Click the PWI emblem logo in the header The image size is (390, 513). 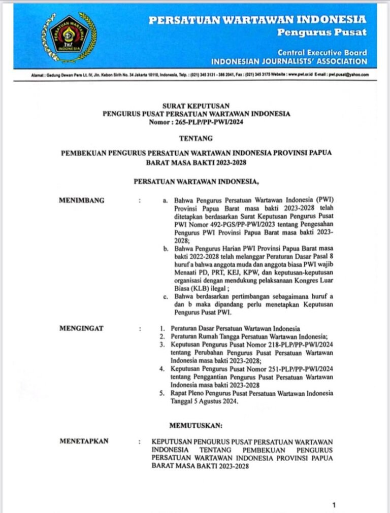[x=69, y=37]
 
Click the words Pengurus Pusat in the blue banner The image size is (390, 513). [x=321, y=32]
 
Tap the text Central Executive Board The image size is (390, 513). [x=322, y=52]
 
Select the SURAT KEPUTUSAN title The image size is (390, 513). [x=196, y=106]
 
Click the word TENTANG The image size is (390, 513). [x=196, y=138]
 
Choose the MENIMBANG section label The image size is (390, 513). [x=82, y=200]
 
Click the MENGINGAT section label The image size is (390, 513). [x=81, y=328]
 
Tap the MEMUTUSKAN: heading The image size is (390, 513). [x=196, y=424]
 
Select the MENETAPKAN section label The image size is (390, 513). [x=84, y=441]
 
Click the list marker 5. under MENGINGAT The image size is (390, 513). [x=162, y=393]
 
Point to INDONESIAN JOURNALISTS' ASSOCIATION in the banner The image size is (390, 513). [x=288, y=61]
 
